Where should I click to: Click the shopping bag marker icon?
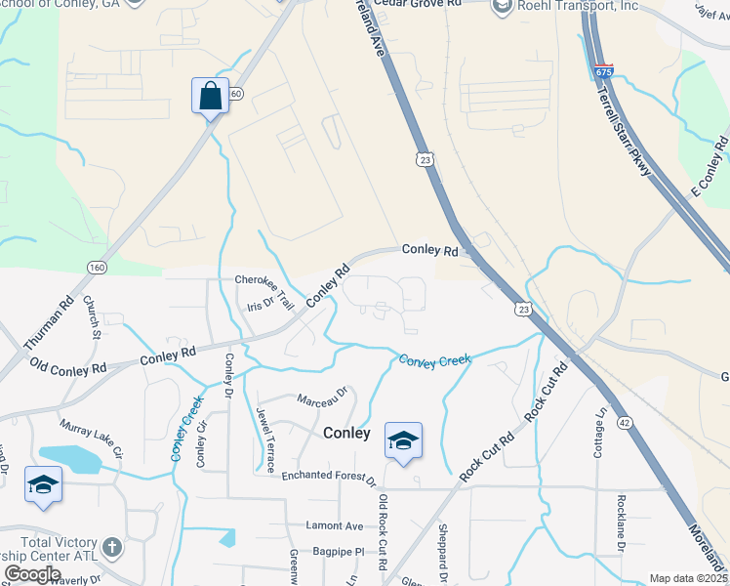[x=210, y=97]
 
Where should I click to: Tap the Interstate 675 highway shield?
[x=603, y=71]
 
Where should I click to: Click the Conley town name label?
[x=346, y=433]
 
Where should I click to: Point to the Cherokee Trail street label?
[x=264, y=286]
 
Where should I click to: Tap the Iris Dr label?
[x=260, y=307]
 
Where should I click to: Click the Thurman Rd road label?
[x=49, y=323]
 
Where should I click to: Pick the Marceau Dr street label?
[x=323, y=397]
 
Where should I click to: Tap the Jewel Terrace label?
[x=264, y=439]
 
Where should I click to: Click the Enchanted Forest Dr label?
[x=329, y=478]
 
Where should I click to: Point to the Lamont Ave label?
[x=334, y=525]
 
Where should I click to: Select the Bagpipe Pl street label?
[x=338, y=551]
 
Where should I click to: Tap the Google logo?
[x=33, y=574]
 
